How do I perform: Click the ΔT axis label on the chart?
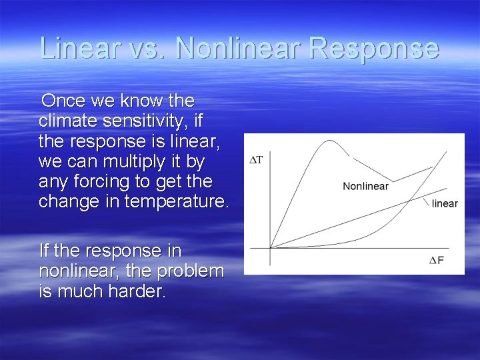pyautogui.click(x=256, y=159)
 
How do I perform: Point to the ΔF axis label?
pyautogui.click(x=437, y=260)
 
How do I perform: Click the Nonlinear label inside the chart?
pyautogui.click(x=365, y=186)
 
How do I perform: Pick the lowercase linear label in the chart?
pyautogui.click(x=445, y=203)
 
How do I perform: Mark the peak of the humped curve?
pyautogui.click(x=328, y=141)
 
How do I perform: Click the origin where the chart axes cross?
pyautogui.click(x=269, y=248)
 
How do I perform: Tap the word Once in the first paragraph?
pyautogui.click(x=62, y=101)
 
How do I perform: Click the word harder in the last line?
pyautogui.click(x=134, y=291)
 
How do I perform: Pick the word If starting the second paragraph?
pyautogui.click(x=45, y=251)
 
